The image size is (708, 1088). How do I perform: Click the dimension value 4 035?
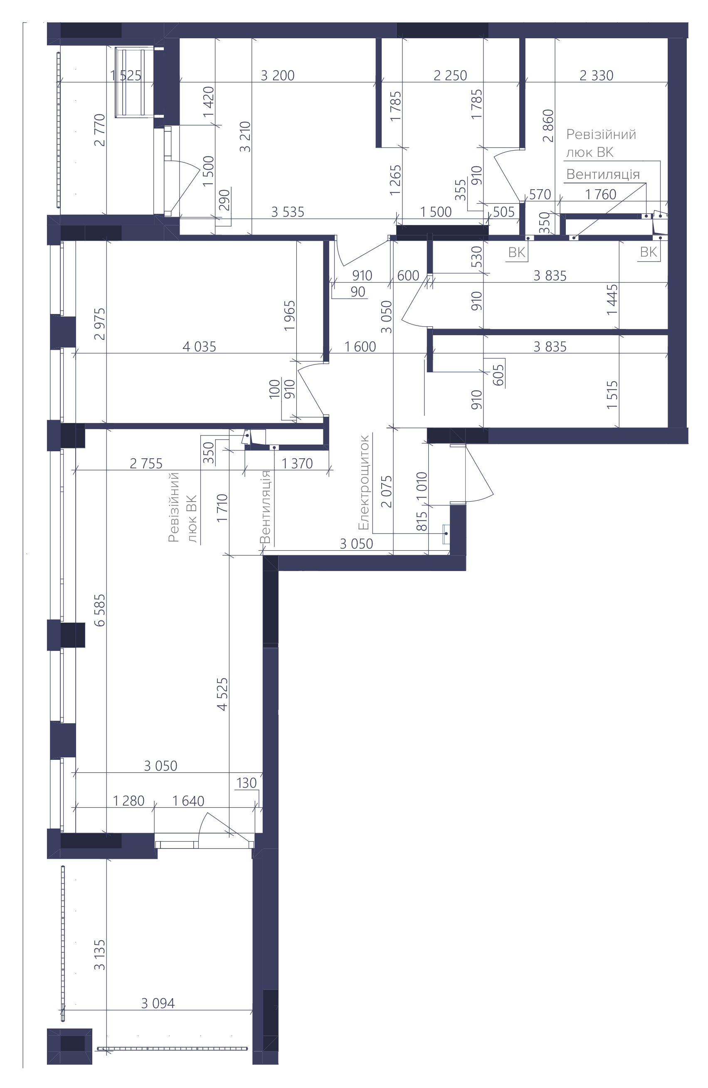point(199,346)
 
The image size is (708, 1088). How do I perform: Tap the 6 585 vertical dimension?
point(99,610)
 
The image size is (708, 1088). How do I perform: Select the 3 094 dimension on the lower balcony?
point(158,1003)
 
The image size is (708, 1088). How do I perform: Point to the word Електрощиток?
point(363,483)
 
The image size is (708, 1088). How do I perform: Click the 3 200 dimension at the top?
point(277,75)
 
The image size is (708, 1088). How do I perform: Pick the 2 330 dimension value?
point(596,75)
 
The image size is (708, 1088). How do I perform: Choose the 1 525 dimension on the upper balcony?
point(126,75)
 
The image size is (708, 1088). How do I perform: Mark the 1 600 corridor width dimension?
point(360,346)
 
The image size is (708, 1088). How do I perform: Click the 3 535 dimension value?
point(288,212)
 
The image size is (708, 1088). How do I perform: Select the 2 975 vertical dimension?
point(99,324)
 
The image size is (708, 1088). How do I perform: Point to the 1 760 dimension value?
point(601,195)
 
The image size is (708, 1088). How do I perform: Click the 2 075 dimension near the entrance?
point(387,492)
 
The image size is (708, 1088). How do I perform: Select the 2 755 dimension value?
point(146,464)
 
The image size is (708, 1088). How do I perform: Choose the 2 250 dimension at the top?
point(450,75)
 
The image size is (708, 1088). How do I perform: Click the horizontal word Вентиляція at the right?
point(603,174)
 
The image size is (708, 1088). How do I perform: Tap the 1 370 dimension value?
point(297,464)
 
